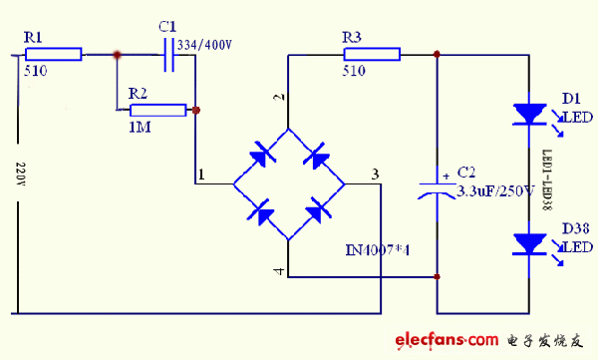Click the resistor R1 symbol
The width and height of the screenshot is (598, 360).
pyautogui.click(x=53, y=55)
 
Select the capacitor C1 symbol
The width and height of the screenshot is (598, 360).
pyautogui.click(x=167, y=55)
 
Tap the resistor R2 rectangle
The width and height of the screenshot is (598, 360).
pyautogui.click(x=158, y=110)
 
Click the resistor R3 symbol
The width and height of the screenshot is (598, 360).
pyautogui.click(x=371, y=55)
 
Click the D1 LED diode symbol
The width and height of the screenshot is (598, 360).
pyautogui.click(x=525, y=114)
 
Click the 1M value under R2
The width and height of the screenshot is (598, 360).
pyautogui.click(x=139, y=127)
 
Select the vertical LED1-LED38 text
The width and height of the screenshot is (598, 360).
pyautogui.click(x=545, y=180)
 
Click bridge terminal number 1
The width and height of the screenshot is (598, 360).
pyautogui.click(x=202, y=176)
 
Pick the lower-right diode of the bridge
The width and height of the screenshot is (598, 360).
pyautogui.click(x=316, y=210)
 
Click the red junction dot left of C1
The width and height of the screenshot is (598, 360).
pyautogui.click(x=118, y=55)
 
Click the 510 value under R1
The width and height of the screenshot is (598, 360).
pyautogui.click(x=35, y=72)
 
